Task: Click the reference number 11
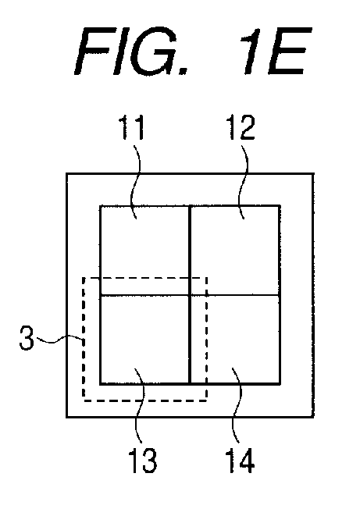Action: coord(131,128)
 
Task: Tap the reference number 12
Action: coord(241,128)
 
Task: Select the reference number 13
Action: coord(142,460)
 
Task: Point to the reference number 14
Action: coord(240,460)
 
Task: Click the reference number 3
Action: coord(27,338)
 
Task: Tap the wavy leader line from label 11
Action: coord(136,180)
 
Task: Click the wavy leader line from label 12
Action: coord(244,180)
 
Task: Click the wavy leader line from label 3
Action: coord(59,340)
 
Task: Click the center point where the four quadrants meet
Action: coord(191,294)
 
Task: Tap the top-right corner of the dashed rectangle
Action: coord(206,278)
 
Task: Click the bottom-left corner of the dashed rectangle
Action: coord(84,400)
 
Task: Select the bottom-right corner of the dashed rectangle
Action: coord(206,400)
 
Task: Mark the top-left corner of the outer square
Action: coord(67,174)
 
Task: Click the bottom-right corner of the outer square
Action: coord(313,417)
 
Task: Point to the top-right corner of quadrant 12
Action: coord(280,206)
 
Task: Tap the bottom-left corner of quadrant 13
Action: coord(101,383)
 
